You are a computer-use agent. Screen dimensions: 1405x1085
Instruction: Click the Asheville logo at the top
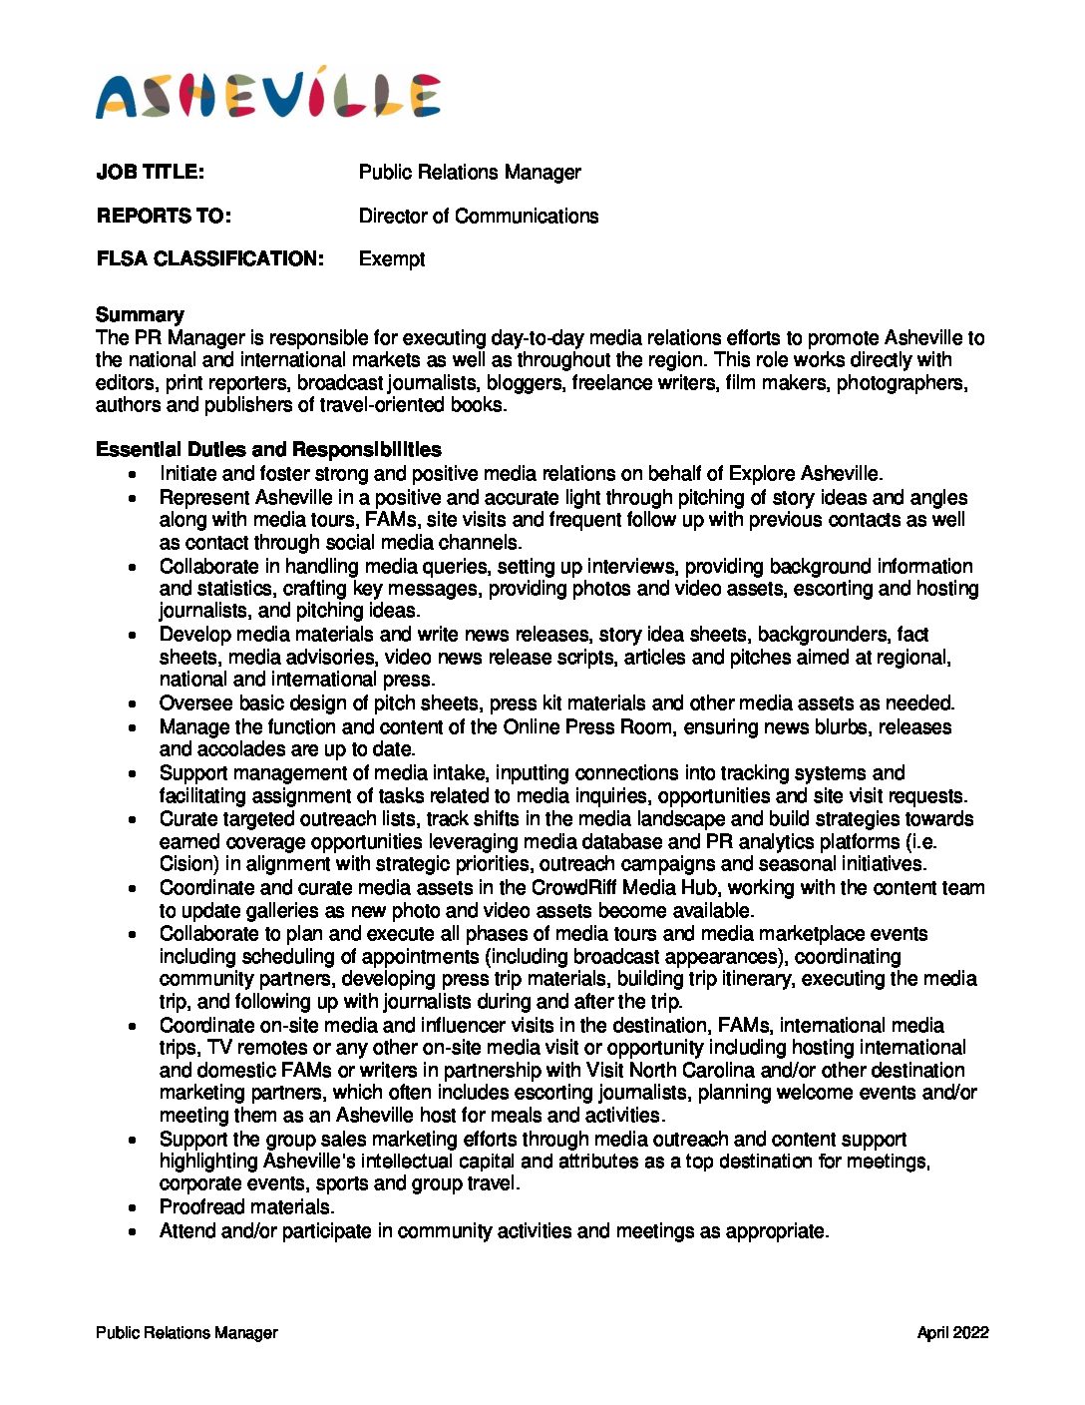click(x=267, y=93)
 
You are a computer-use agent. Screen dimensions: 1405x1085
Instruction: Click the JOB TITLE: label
click(x=150, y=172)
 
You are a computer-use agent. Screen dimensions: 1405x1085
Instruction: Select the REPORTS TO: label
click(x=164, y=216)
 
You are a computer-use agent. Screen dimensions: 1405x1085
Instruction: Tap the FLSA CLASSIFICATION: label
click(x=209, y=258)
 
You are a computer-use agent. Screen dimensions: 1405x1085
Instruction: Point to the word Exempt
click(x=392, y=258)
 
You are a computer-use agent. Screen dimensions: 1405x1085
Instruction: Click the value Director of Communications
click(x=479, y=216)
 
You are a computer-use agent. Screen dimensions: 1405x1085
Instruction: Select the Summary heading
click(x=140, y=314)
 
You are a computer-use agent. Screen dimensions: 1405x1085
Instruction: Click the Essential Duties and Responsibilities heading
click(x=268, y=449)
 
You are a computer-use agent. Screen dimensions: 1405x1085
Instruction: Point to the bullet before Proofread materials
click(x=132, y=1207)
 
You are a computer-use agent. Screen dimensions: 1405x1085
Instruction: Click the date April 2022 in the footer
click(x=952, y=1332)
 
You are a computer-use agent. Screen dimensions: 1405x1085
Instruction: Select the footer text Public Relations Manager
click(x=186, y=1332)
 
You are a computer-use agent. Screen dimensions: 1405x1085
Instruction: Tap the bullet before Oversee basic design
click(x=132, y=703)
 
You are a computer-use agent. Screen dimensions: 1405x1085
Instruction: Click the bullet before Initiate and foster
click(x=132, y=474)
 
